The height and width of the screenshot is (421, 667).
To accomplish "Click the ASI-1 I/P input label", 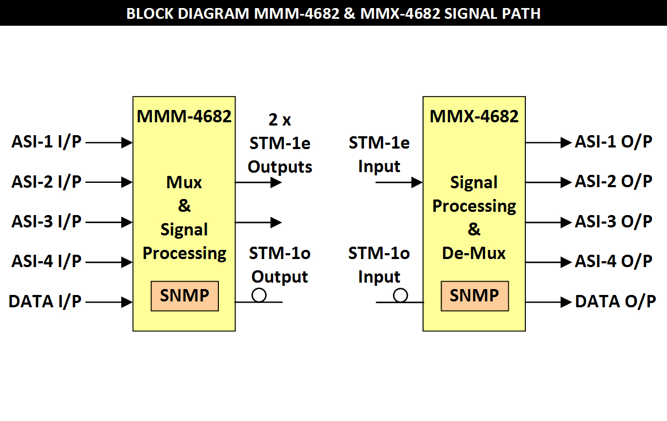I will click(46, 143).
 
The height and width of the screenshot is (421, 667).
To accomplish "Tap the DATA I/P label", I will click(45, 302).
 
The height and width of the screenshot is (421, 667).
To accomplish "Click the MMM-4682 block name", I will click(184, 116).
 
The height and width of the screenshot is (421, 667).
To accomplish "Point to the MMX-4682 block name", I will click(474, 116).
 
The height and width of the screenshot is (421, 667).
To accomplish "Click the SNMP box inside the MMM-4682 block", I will click(185, 296).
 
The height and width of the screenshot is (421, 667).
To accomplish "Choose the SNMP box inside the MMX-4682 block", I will click(474, 296).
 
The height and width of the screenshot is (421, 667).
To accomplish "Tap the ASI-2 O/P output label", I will click(613, 182).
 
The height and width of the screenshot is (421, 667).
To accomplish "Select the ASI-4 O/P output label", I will click(613, 262).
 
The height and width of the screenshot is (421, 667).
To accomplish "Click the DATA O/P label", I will click(615, 302).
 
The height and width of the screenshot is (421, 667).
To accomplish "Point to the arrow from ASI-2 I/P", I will click(109, 182).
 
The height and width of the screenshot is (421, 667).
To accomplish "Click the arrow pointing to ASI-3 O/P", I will click(548, 222).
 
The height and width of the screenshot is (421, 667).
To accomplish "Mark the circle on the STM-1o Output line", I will click(259, 295).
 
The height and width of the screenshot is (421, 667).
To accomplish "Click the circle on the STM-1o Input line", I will click(400, 295).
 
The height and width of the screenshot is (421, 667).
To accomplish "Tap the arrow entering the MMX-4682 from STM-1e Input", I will click(399, 182).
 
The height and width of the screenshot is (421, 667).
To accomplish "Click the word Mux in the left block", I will click(184, 182).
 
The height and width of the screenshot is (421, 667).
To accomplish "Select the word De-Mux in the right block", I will click(474, 253).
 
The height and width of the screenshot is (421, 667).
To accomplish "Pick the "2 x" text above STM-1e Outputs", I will click(280, 120).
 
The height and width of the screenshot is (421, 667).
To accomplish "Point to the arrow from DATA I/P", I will click(109, 302).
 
